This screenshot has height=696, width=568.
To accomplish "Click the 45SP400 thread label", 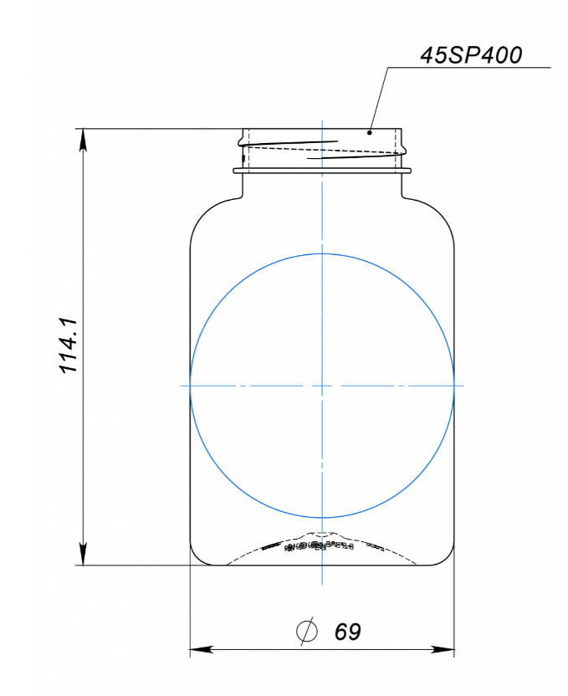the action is pos(471,55).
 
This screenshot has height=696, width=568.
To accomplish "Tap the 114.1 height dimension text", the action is pos(69,345).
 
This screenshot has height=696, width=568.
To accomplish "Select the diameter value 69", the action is pos(347,632).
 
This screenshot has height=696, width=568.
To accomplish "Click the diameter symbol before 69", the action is pos(307,631).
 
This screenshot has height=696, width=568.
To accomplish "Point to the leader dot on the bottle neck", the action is pos(369,132).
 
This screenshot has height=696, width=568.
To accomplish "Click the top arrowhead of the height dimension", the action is pos(83,141).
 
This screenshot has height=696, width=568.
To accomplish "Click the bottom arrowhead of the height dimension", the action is pos(83,554).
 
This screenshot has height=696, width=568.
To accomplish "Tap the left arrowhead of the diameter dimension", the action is pos(202,649).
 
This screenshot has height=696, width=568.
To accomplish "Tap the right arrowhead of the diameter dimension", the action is pos(443,649).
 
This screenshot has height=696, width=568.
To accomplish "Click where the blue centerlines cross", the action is pos(322,386).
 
